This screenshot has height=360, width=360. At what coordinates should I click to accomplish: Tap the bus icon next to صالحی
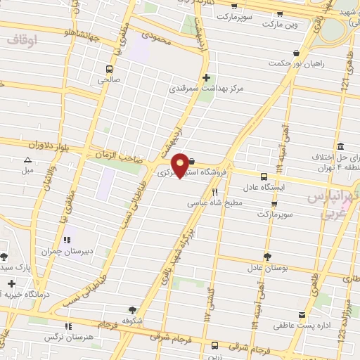(x=109, y=69)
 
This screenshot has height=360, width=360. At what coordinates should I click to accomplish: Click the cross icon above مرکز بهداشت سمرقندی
(x=205, y=77)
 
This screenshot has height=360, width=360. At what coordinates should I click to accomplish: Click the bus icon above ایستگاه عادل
(x=264, y=176)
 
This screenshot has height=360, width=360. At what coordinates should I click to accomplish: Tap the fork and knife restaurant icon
(x=215, y=192)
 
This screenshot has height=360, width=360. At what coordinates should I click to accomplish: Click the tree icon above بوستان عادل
(x=266, y=256)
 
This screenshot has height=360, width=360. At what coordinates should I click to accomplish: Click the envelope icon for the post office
(x=302, y=314)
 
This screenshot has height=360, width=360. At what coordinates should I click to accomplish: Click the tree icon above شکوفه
(x=132, y=309)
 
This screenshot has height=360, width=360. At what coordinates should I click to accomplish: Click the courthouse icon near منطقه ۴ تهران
(x=341, y=146)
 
